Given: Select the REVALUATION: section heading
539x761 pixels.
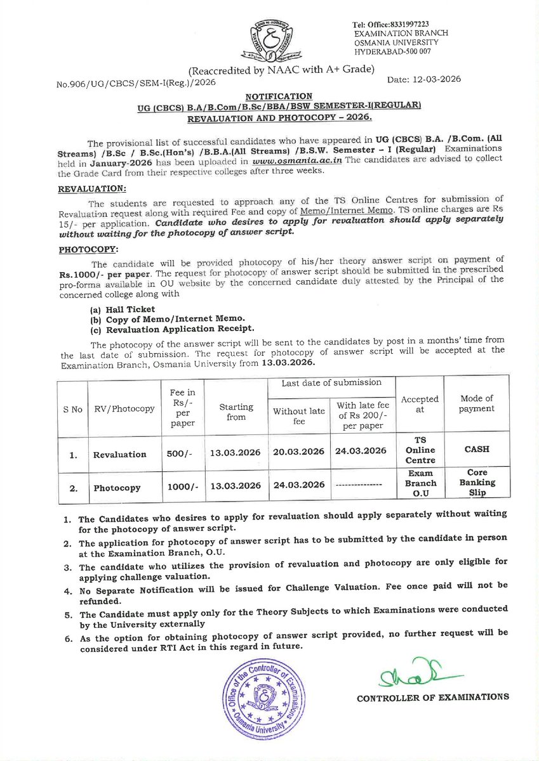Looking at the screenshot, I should pos(91,189).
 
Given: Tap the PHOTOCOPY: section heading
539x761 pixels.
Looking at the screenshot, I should pos(88,249).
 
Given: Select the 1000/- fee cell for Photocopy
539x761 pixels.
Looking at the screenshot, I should pos(182,486).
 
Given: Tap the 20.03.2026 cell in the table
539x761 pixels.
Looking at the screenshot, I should pos(298,451).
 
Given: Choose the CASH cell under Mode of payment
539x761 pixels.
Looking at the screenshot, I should pos(476,449).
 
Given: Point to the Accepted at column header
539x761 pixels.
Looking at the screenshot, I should pos(420,404).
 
